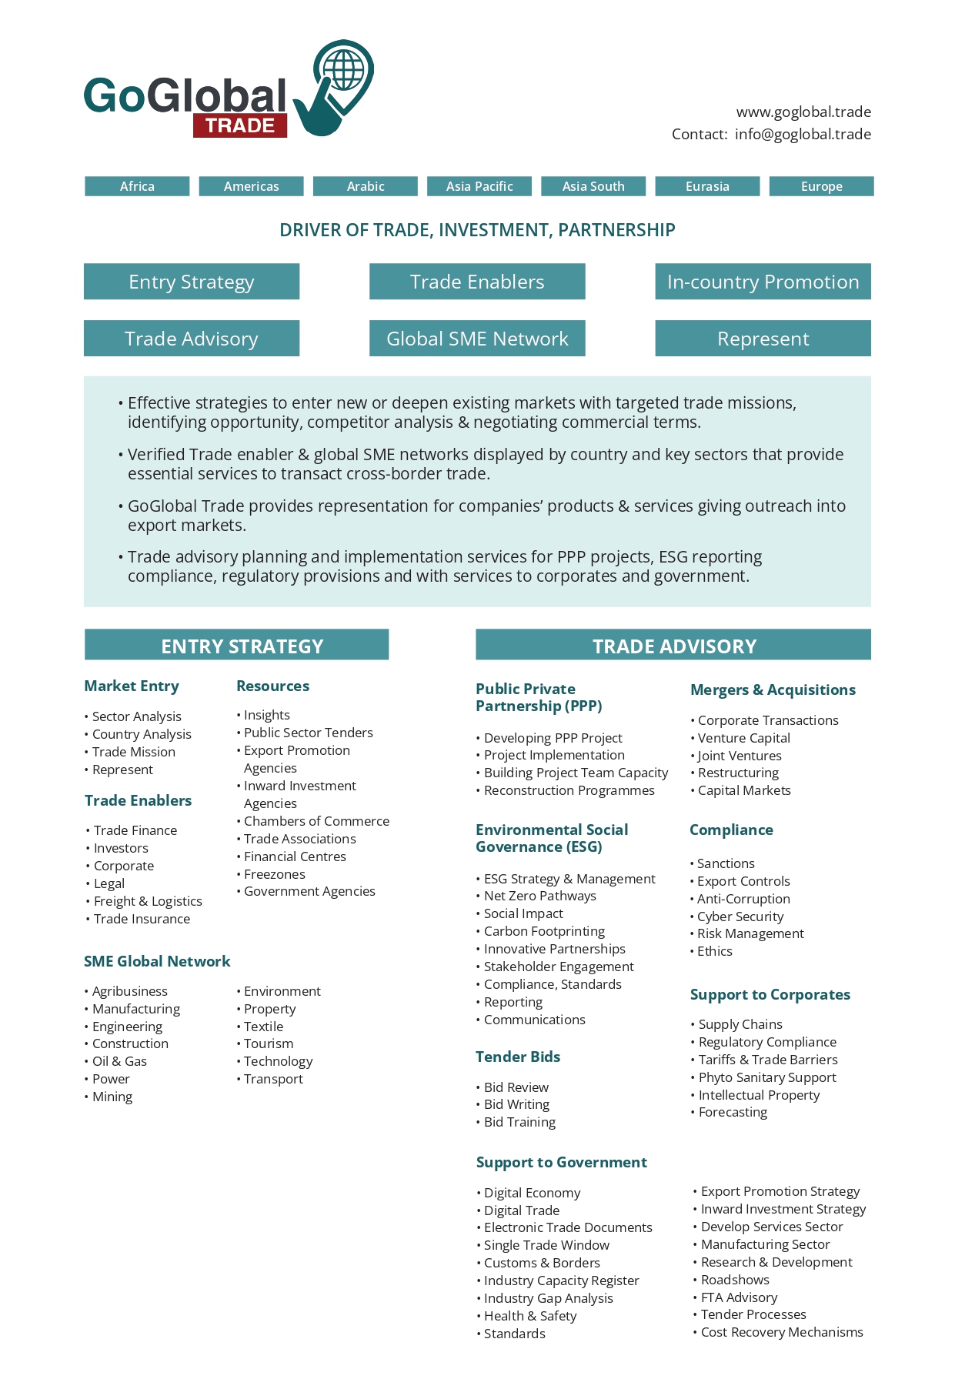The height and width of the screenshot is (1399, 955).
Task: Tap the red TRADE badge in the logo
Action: click(240, 125)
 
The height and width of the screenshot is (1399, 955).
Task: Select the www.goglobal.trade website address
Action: click(803, 112)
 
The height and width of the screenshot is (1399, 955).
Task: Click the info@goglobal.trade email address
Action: click(803, 134)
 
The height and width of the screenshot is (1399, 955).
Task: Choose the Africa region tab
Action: click(137, 186)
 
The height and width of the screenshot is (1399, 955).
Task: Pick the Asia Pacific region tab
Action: click(479, 186)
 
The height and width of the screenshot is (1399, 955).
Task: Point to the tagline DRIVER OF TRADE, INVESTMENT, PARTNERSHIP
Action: click(477, 230)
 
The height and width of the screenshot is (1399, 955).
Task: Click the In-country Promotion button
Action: click(763, 282)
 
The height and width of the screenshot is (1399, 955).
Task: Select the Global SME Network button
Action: click(477, 339)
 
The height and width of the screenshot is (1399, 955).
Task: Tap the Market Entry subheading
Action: click(132, 686)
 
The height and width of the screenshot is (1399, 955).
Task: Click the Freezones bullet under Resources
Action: click(275, 874)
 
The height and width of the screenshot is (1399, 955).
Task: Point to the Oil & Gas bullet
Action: click(119, 1061)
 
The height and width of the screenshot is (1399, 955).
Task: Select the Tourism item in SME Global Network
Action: click(269, 1043)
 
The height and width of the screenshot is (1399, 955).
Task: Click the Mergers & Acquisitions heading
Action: click(773, 689)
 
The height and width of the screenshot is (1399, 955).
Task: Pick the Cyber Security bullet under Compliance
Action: click(740, 917)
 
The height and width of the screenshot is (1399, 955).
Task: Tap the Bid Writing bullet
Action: click(516, 1104)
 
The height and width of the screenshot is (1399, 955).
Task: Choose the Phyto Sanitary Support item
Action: click(767, 1077)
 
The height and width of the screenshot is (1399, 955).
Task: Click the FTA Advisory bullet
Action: click(739, 1297)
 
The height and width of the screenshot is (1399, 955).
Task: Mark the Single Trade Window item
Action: click(546, 1245)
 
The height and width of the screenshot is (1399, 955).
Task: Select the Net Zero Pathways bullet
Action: click(539, 896)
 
